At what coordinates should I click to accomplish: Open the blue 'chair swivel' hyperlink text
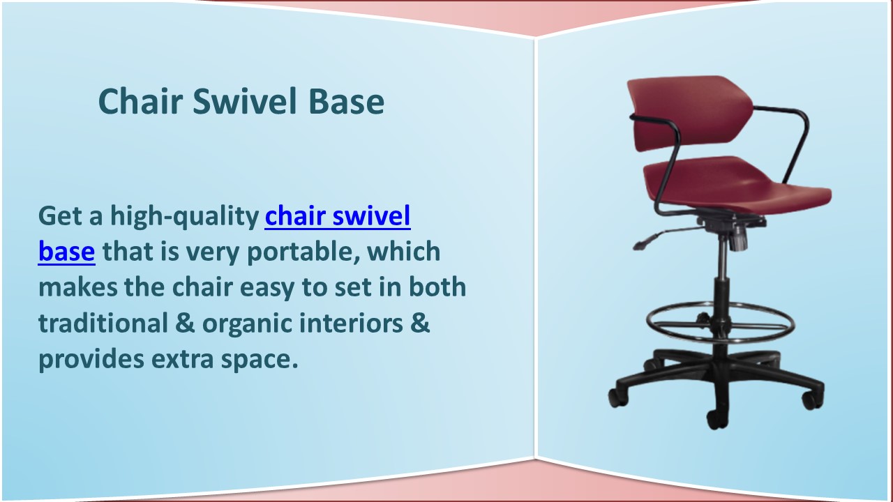pyautogui.click(x=337, y=217)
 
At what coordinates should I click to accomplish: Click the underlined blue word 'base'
pyautogui.click(x=66, y=251)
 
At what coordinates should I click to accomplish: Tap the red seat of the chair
pyautogui.click(x=740, y=185)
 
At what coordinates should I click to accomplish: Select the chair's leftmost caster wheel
pyautogui.click(x=617, y=397)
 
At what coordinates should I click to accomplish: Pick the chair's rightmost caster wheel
pyautogui.click(x=811, y=400)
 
